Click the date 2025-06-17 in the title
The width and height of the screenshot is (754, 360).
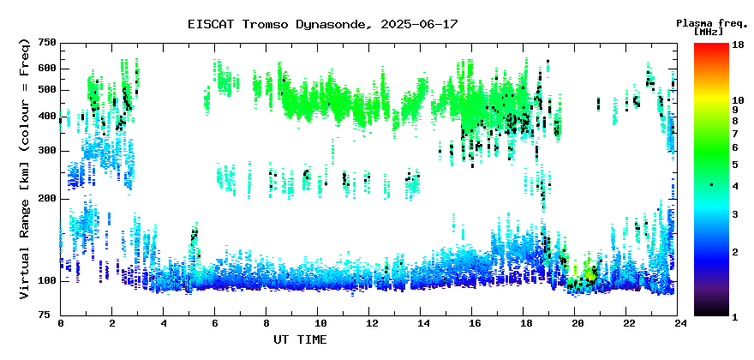click(419, 24)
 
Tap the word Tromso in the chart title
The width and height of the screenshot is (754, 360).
click(265, 24)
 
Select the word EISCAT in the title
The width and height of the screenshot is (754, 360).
click(211, 24)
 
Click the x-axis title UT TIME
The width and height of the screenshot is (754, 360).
click(300, 339)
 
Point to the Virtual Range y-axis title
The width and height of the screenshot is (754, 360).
click(25, 169)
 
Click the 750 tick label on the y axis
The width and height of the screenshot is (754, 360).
click(48, 44)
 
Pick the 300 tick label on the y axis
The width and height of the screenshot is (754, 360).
click(48, 151)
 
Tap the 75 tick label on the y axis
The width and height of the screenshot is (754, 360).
click(51, 315)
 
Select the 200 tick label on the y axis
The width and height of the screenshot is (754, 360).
click(48, 198)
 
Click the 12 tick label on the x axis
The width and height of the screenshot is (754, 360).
click(368, 323)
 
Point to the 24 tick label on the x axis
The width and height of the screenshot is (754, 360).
click(678, 323)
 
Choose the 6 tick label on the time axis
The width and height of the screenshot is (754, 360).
click(214, 323)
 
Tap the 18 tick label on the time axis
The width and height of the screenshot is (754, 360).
click(524, 323)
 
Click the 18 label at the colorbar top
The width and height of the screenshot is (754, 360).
click(738, 45)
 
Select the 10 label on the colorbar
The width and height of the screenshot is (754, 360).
click(738, 100)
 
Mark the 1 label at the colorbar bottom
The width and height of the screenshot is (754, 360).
click(735, 317)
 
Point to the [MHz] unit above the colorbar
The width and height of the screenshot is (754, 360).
click(709, 32)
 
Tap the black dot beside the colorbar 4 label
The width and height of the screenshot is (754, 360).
click(712, 185)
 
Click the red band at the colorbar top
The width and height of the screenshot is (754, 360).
click(711, 47)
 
